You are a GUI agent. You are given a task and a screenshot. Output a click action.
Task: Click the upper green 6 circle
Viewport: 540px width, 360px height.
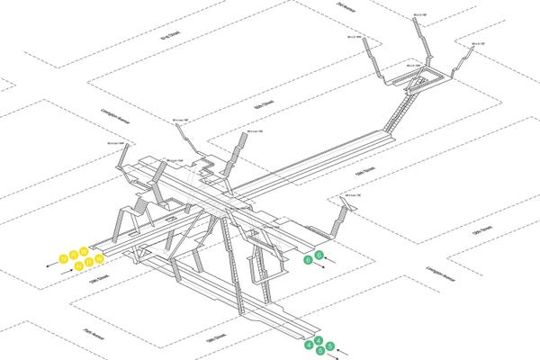(x=319, y=254)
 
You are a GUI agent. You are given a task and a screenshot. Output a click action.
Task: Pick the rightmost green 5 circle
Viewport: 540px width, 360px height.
(x=330, y=346)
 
